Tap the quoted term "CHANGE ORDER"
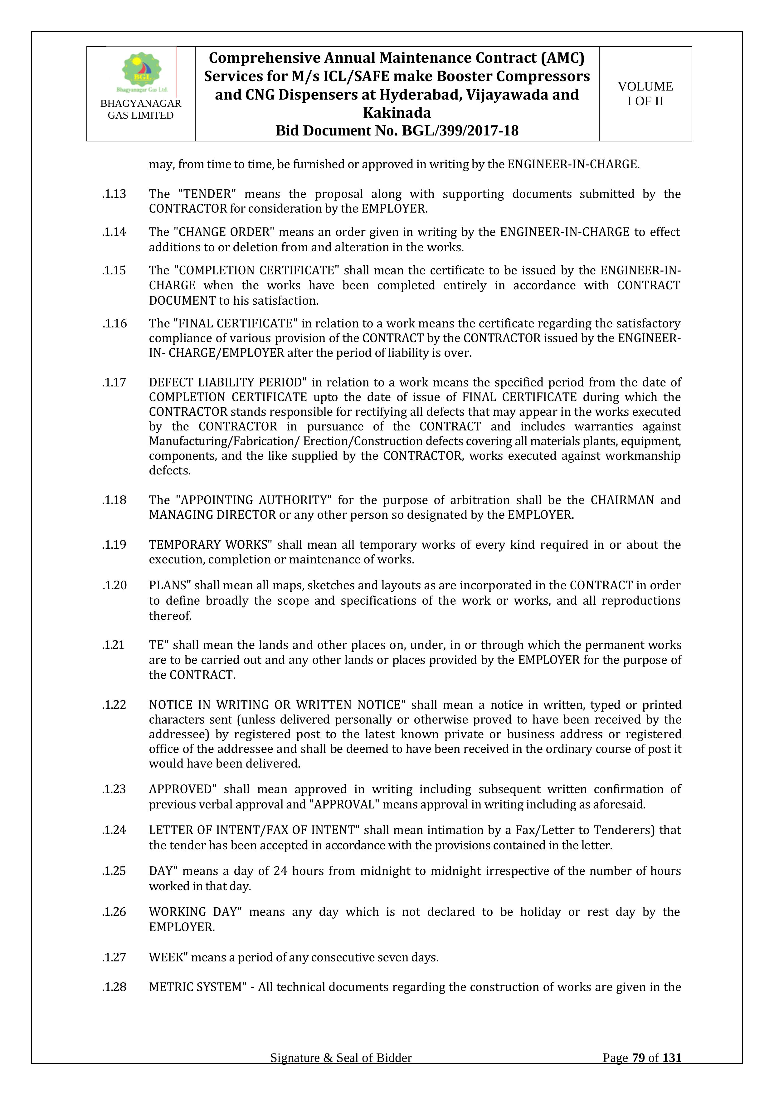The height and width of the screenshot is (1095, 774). click(224, 232)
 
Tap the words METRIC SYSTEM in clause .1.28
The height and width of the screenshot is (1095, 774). click(195, 987)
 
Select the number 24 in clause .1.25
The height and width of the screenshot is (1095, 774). click(280, 871)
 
